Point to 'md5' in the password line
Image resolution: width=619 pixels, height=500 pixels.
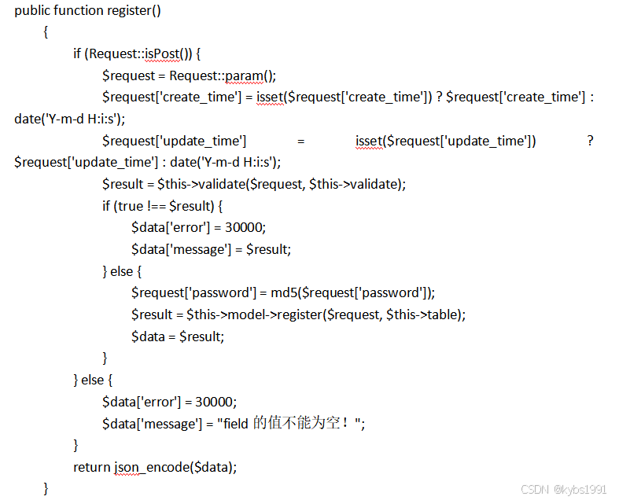pos(282,292)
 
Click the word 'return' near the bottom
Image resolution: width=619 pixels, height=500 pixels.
pos(92,467)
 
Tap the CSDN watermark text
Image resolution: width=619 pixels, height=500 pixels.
pos(535,489)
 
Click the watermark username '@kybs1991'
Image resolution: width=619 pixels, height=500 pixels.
pos(580,489)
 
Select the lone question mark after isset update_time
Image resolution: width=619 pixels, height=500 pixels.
pos(590,141)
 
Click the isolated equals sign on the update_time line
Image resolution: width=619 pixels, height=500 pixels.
pos(300,141)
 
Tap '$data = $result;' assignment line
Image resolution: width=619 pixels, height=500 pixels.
pos(178,336)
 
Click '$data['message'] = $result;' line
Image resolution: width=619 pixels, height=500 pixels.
pos(212,249)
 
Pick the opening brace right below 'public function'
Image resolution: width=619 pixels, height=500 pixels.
pos(46,32)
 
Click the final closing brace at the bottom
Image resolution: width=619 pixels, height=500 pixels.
pos(46,488)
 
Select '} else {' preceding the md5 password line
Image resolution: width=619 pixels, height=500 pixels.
pos(122,271)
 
